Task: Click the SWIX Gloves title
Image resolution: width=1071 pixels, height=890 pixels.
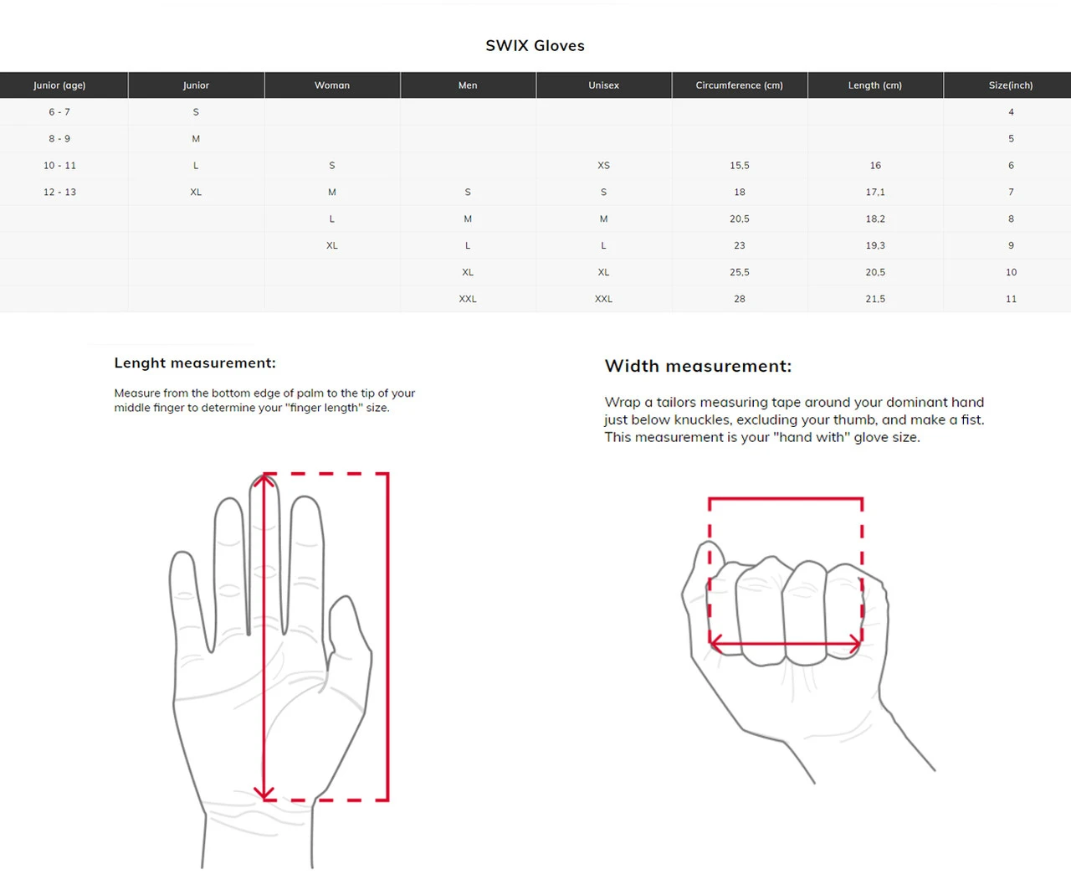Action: tap(535, 46)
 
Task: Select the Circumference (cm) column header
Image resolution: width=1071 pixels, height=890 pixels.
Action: tap(739, 85)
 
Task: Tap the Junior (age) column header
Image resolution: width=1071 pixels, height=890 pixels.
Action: tap(59, 85)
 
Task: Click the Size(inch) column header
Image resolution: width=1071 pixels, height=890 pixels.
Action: tap(1010, 85)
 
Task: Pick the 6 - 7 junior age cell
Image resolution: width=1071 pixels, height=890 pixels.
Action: tap(59, 112)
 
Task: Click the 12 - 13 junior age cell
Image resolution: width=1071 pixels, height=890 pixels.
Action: tap(59, 193)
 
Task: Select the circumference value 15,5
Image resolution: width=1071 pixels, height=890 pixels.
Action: tap(739, 166)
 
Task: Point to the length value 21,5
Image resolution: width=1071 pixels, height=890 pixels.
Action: tap(874, 299)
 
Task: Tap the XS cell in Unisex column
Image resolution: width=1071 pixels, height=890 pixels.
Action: tap(603, 166)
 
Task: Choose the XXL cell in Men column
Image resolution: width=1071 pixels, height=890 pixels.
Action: tap(468, 299)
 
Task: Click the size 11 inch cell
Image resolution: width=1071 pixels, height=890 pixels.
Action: tap(1011, 299)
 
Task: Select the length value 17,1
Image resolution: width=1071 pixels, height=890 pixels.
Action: tap(874, 193)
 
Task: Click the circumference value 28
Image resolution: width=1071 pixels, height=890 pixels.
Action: tap(739, 299)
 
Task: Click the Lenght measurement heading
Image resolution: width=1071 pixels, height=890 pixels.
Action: tap(195, 363)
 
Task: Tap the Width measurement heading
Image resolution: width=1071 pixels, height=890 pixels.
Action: tap(698, 366)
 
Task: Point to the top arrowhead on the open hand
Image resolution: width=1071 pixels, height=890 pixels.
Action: tap(264, 480)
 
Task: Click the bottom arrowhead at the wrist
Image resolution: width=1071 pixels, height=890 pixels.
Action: tap(264, 793)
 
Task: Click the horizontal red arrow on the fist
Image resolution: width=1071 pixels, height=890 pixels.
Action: tap(785, 644)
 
